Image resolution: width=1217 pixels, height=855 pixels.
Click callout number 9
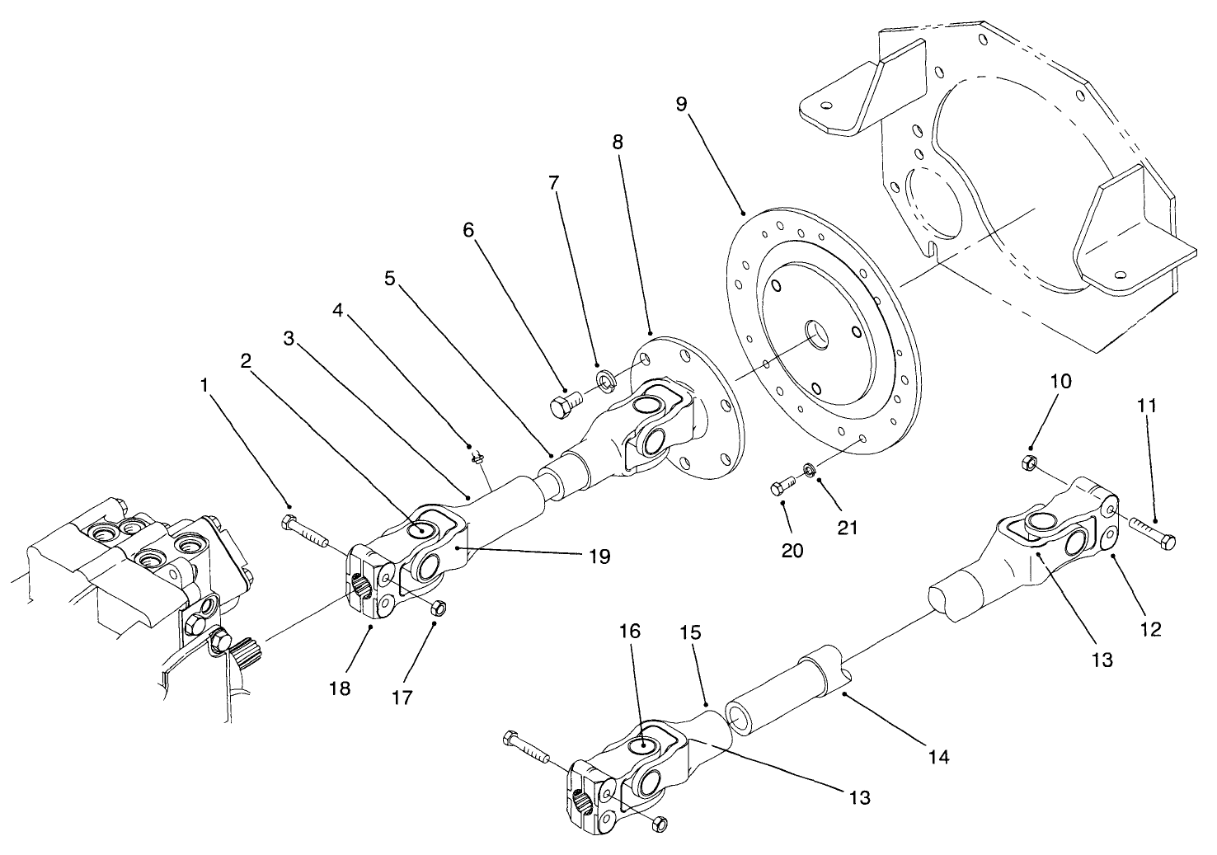click(x=680, y=105)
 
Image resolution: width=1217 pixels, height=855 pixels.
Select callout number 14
click(x=938, y=756)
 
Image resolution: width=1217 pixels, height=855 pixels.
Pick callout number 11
click(x=1146, y=406)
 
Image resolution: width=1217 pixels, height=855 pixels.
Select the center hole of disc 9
click(x=819, y=332)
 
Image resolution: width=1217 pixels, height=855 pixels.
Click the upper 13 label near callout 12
click(x=1102, y=660)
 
